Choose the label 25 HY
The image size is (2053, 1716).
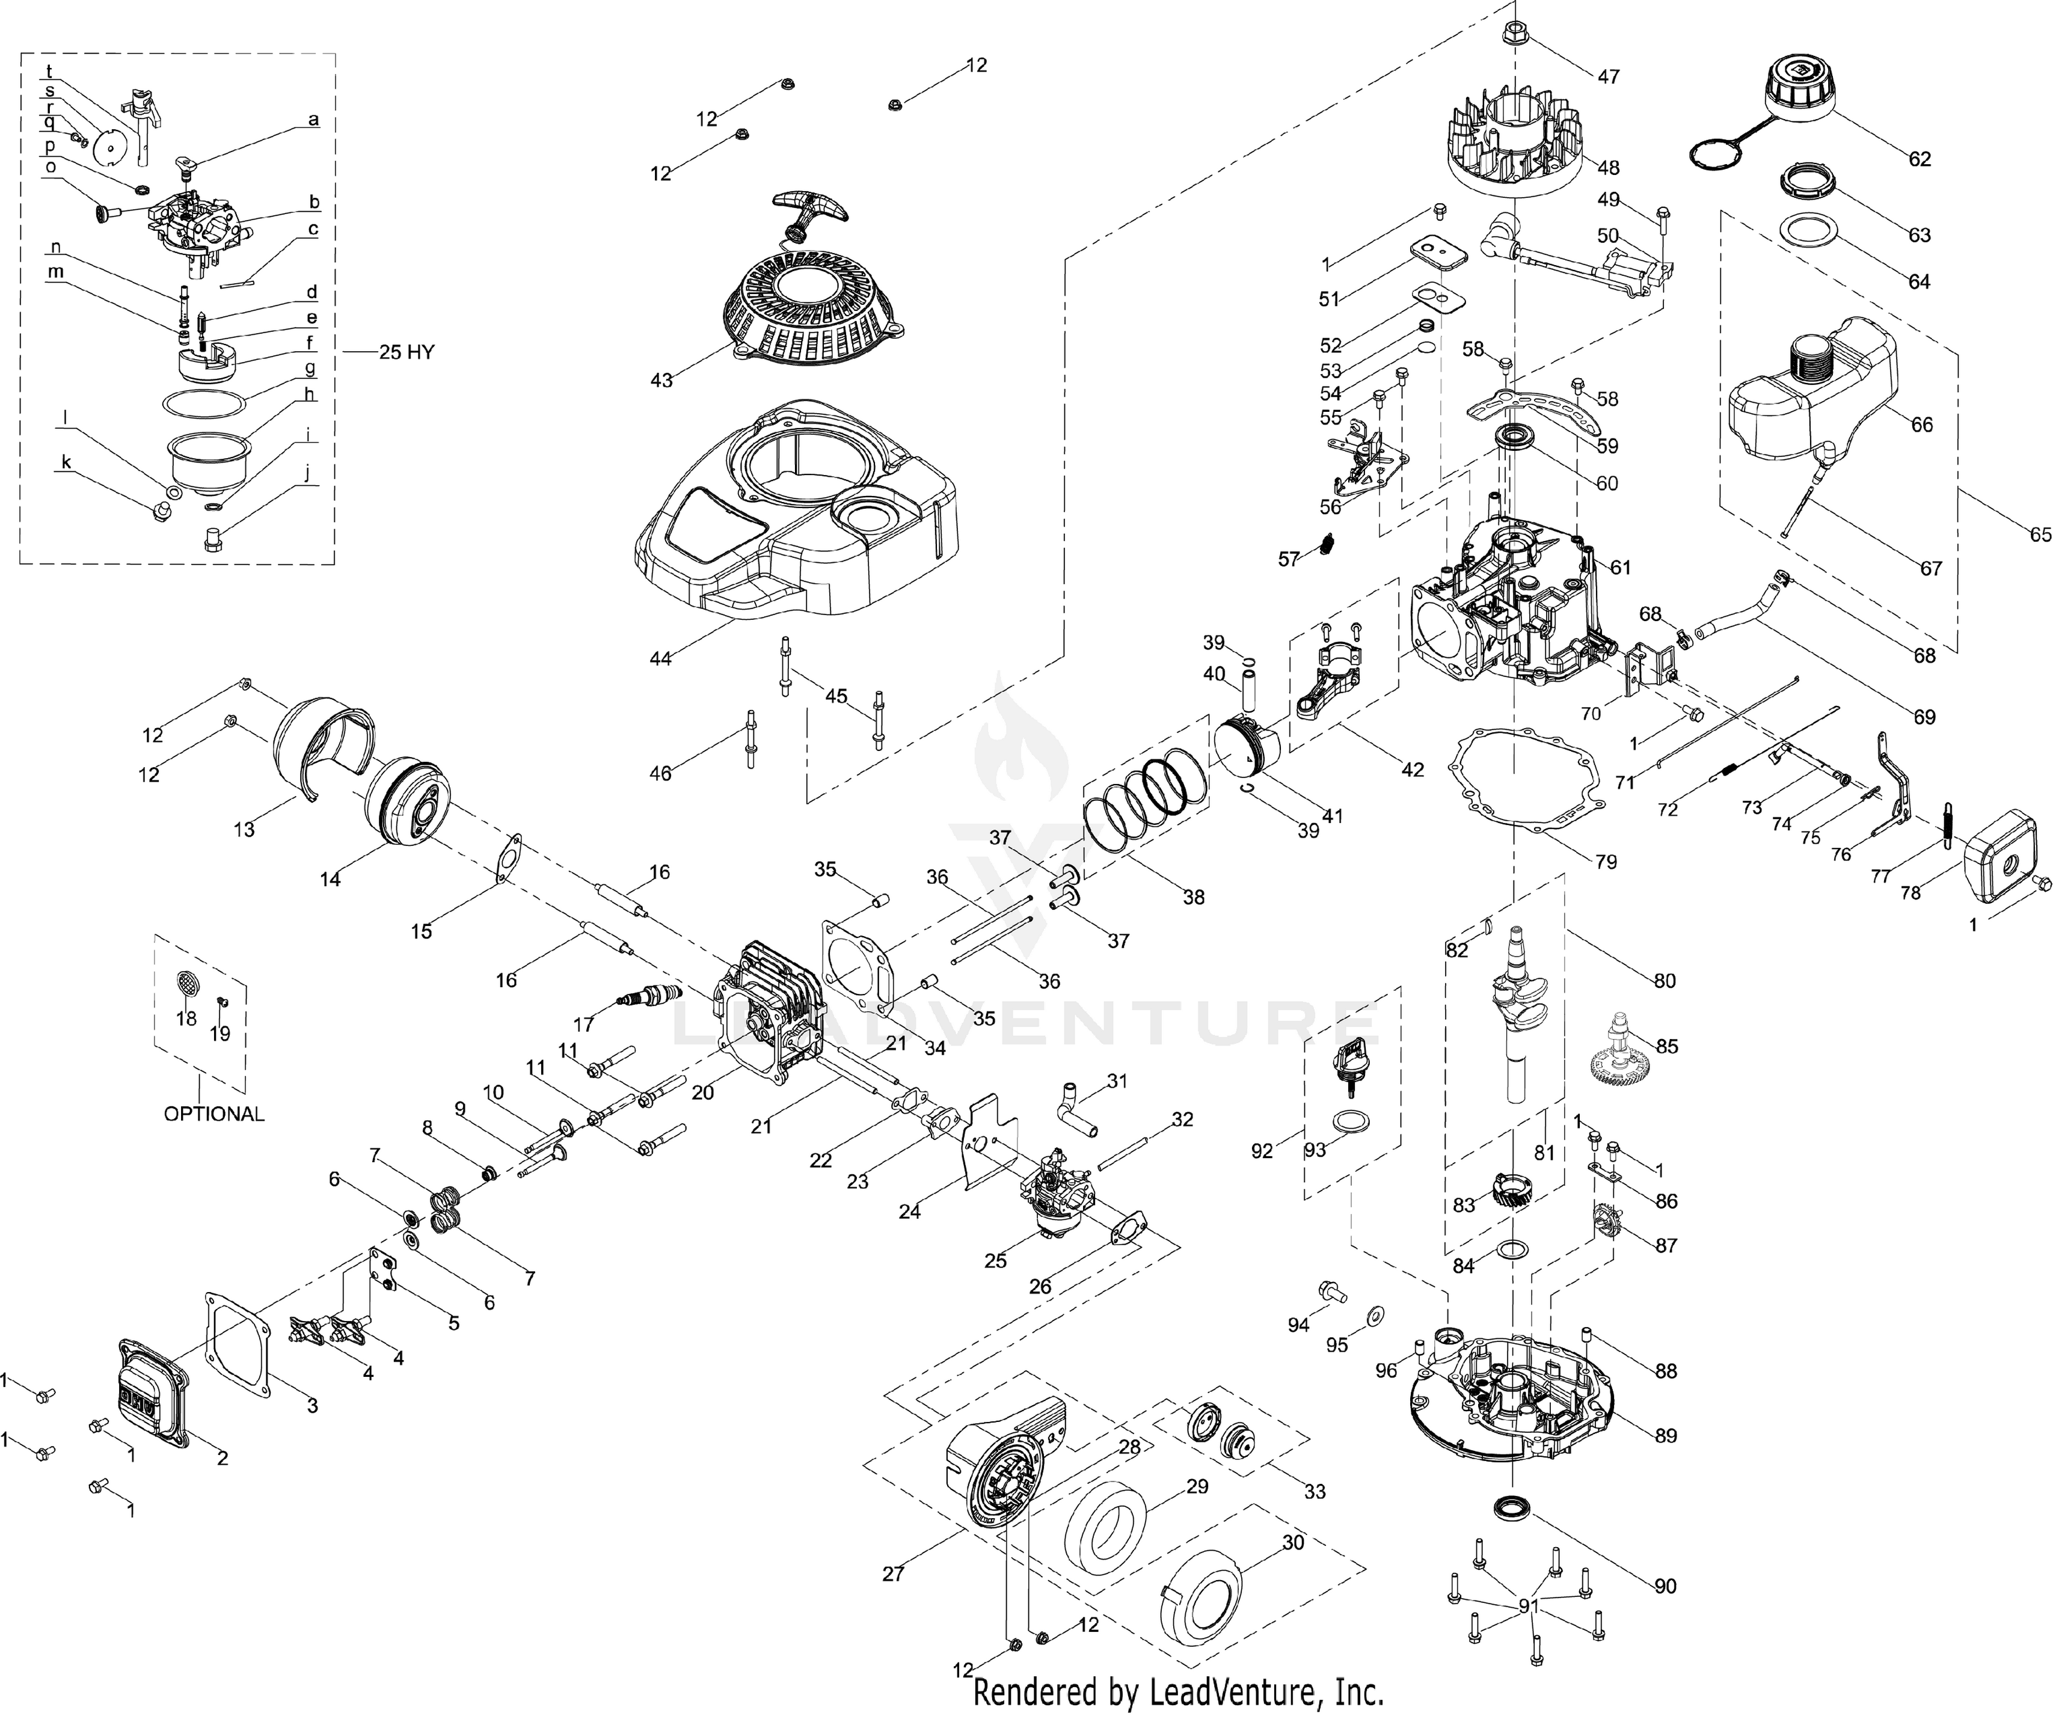pos(407,352)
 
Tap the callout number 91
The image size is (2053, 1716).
pos(1527,1605)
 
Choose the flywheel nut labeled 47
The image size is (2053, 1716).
pos(1514,34)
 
